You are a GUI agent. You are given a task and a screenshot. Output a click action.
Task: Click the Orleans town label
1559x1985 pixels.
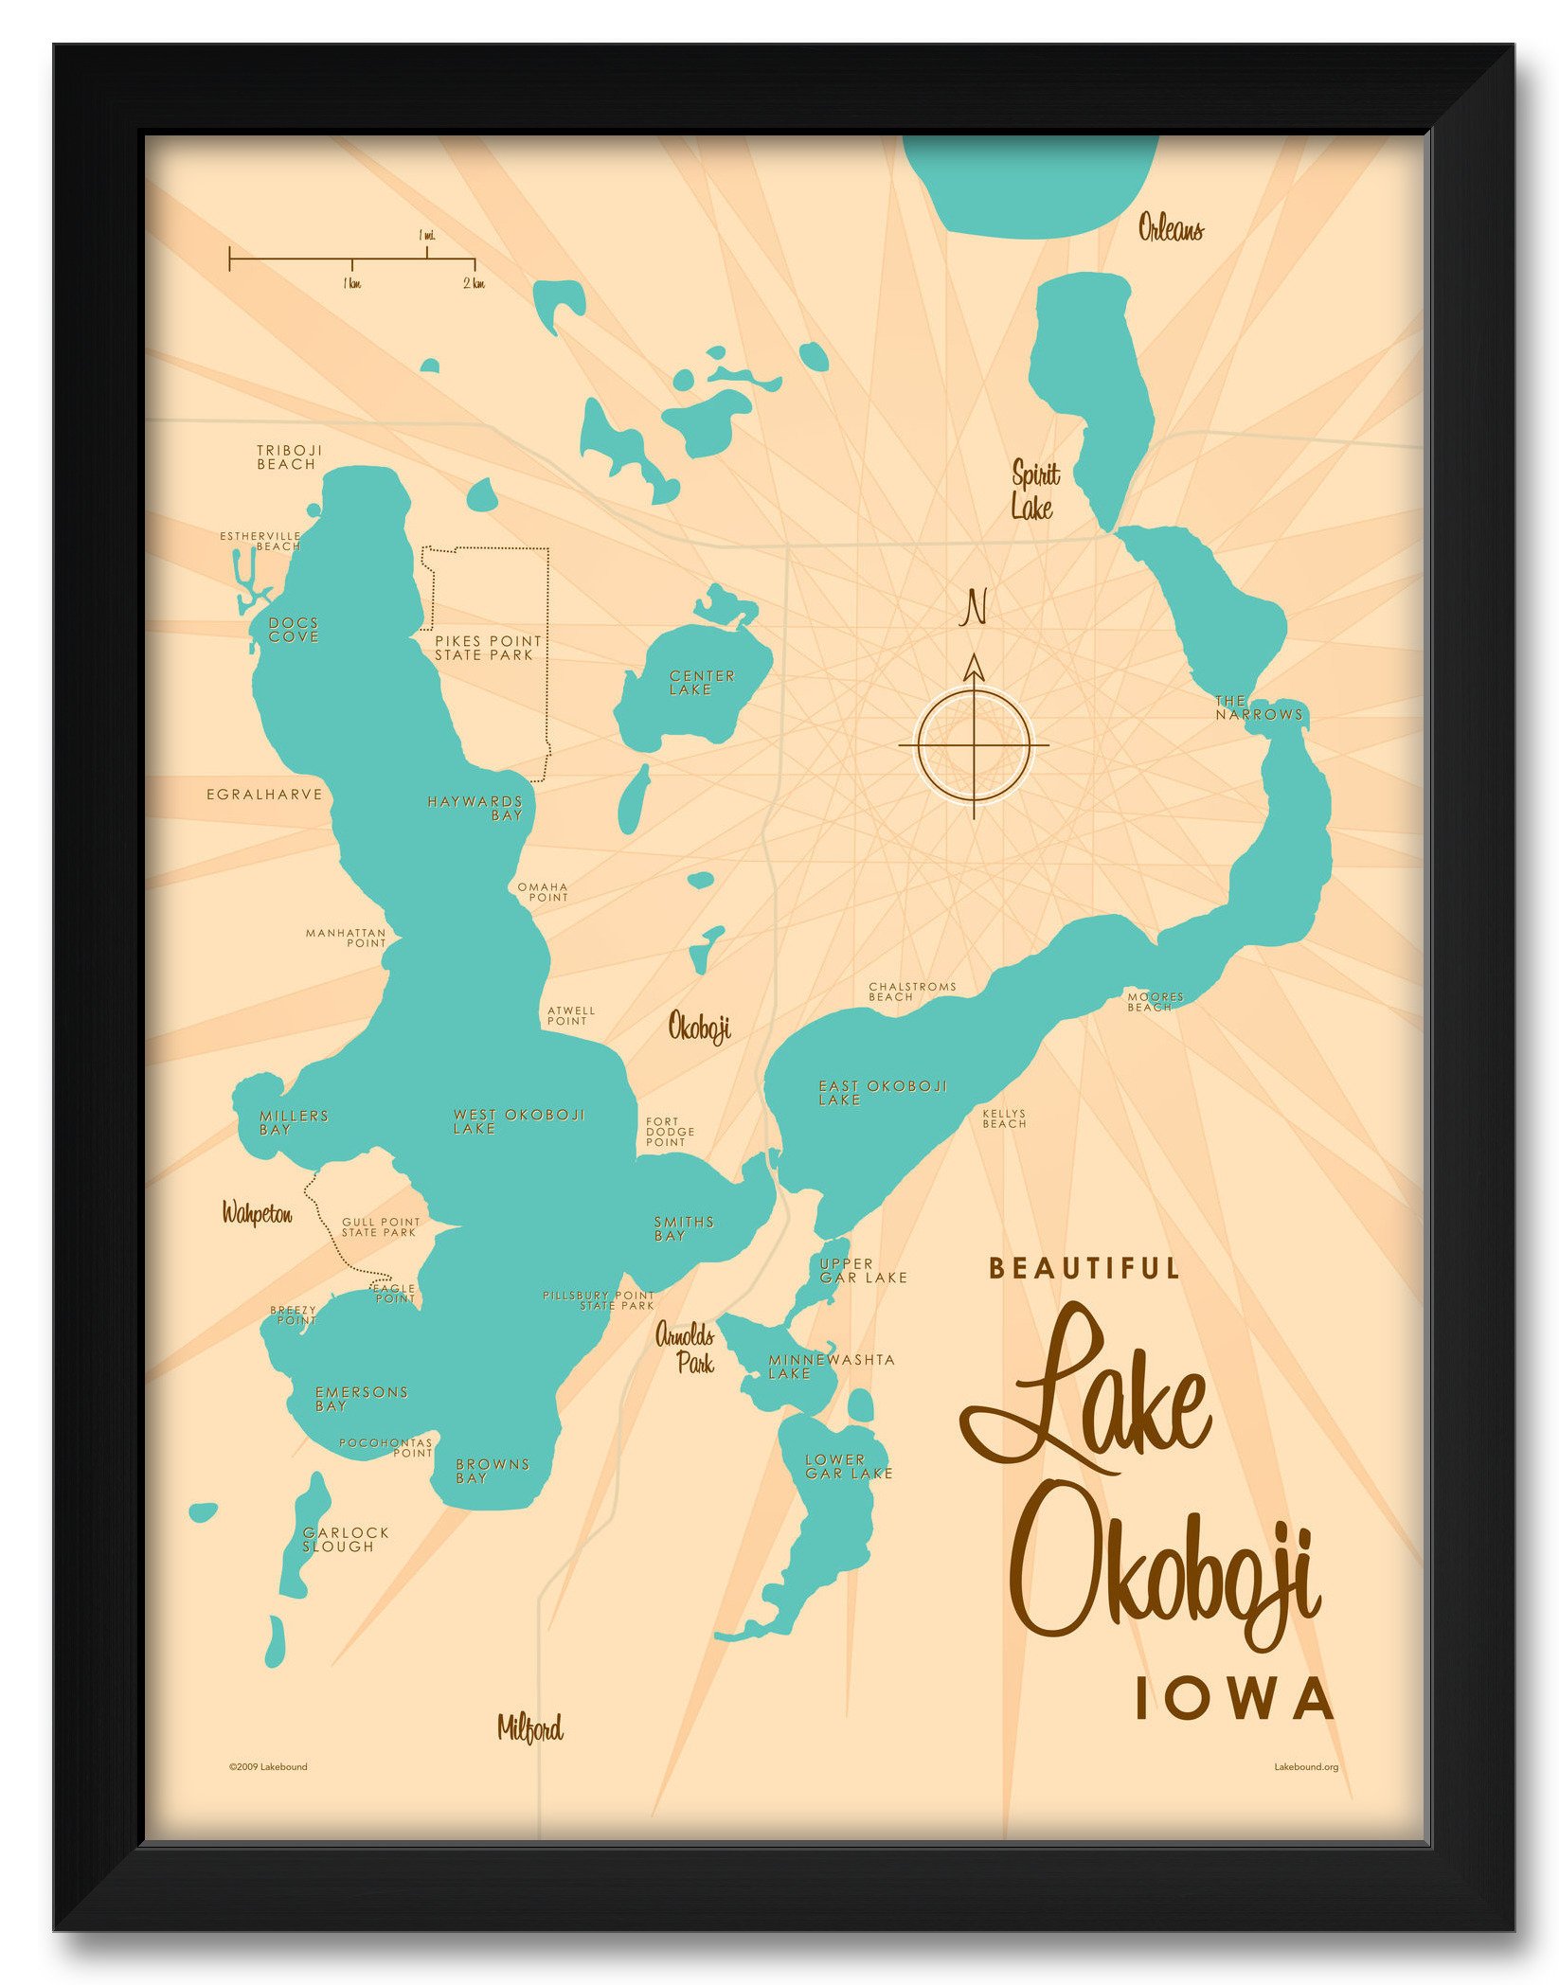click(1171, 227)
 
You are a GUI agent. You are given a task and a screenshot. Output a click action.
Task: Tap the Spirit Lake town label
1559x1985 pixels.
click(1034, 490)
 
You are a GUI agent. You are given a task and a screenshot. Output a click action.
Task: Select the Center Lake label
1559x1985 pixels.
click(701, 682)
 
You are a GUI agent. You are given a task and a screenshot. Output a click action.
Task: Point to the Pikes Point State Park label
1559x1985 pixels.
click(487, 648)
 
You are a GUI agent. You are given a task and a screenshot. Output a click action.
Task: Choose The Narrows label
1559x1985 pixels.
click(1259, 707)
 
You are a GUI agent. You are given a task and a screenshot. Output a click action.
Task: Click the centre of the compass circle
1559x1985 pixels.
click(974, 745)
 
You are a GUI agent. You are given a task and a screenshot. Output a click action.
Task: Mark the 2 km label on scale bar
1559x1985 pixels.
click(474, 283)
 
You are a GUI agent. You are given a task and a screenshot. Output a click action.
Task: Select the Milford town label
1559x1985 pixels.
click(529, 1728)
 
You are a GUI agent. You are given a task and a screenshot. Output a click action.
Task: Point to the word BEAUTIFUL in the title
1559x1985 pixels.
click(1084, 1268)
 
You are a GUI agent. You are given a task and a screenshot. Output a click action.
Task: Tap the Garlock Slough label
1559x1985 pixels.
click(345, 1539)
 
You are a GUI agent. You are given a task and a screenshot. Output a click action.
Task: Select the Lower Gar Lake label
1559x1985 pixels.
click(848, 1466)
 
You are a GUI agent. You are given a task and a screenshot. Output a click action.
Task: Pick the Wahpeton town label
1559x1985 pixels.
click(257, 1213)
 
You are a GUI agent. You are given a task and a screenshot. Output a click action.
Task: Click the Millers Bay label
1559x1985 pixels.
click(293, 1122)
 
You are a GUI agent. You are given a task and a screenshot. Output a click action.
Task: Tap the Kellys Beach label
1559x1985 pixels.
click(1004, 1118)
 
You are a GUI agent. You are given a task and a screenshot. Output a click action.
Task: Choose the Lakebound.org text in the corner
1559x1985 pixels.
click(1305, 1766)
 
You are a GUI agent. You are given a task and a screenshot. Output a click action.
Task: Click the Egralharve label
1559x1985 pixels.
click(264, 794)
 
